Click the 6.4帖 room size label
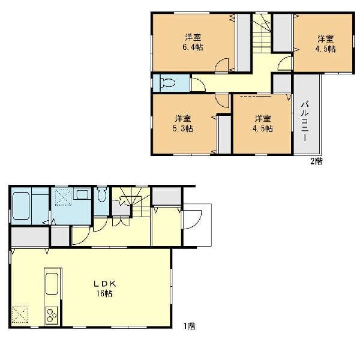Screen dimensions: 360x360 pos(193,47)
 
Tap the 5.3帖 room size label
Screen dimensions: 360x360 pos(183,128)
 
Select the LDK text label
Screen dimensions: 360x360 pos(104,284)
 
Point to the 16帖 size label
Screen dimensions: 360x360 pos(104,293)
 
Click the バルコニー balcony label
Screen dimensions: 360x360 pos(305,121)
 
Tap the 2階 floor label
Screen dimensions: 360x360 pos(316,161)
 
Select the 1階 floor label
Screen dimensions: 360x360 pos(189,326)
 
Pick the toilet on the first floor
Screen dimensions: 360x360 pos(102,194)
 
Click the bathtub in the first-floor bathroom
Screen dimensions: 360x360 pos(20,206)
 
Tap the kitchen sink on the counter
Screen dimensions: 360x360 pos(52,284)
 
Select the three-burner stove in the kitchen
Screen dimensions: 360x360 pos(52,315)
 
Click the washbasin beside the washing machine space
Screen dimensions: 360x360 pos(82,194)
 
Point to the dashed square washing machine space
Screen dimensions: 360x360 pos(64,197)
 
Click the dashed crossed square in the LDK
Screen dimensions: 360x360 pos(20,315)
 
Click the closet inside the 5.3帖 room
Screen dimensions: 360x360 pos(224,134)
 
